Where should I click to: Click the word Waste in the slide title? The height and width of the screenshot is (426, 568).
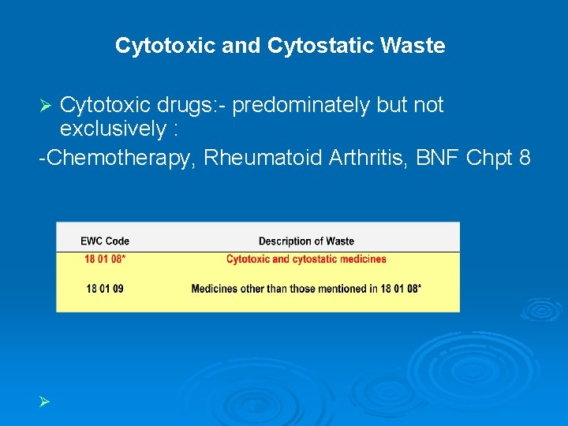coord(415,46)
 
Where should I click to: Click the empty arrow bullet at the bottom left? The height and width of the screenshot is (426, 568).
coord(46,402)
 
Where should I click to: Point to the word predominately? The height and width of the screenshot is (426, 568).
coord(301,106)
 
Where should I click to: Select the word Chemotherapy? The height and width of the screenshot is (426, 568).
coord(121,158)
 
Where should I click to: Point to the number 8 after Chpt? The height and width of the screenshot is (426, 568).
coord(524,158)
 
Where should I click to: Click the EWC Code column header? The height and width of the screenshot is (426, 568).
coord(105,241)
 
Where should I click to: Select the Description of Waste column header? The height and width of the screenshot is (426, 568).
coord(306,241)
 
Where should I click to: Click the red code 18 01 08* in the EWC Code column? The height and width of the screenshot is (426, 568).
coord(105,259)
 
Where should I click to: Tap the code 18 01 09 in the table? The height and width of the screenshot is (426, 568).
coord(105,289)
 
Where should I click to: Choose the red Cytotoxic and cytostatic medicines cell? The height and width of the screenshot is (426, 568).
coord(306,259)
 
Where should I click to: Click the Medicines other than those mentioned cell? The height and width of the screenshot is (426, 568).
coord(306,289)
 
